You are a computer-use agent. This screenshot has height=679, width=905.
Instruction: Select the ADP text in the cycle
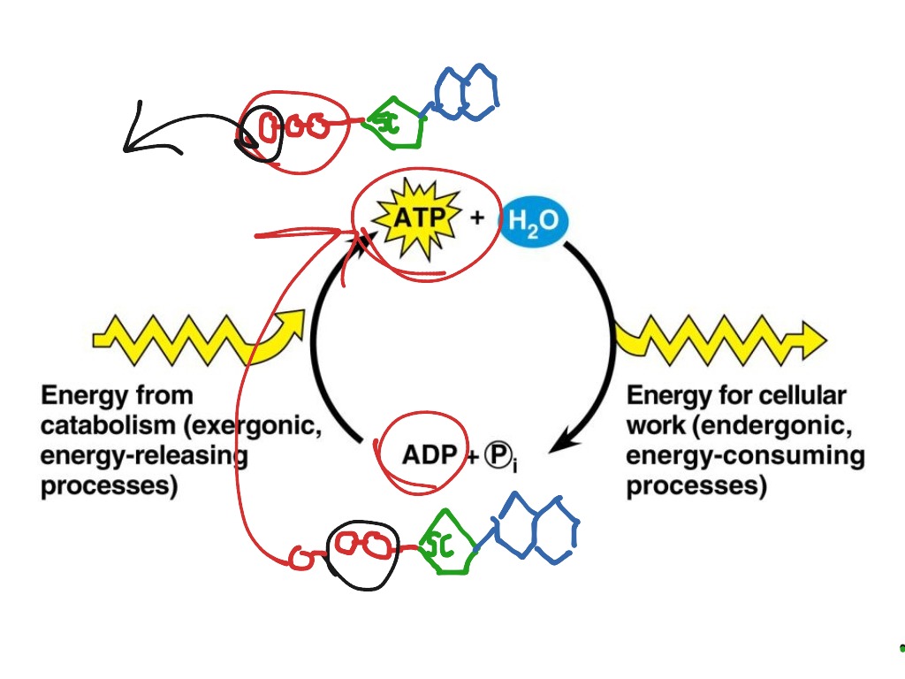click(x=429, y=454)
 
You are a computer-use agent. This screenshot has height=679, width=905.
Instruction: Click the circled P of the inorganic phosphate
click(x=493, y=454)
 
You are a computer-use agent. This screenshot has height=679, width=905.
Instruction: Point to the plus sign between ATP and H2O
click(x=477, y=218)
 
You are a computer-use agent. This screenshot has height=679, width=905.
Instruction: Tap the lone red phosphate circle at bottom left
click(x=300, y=558)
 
